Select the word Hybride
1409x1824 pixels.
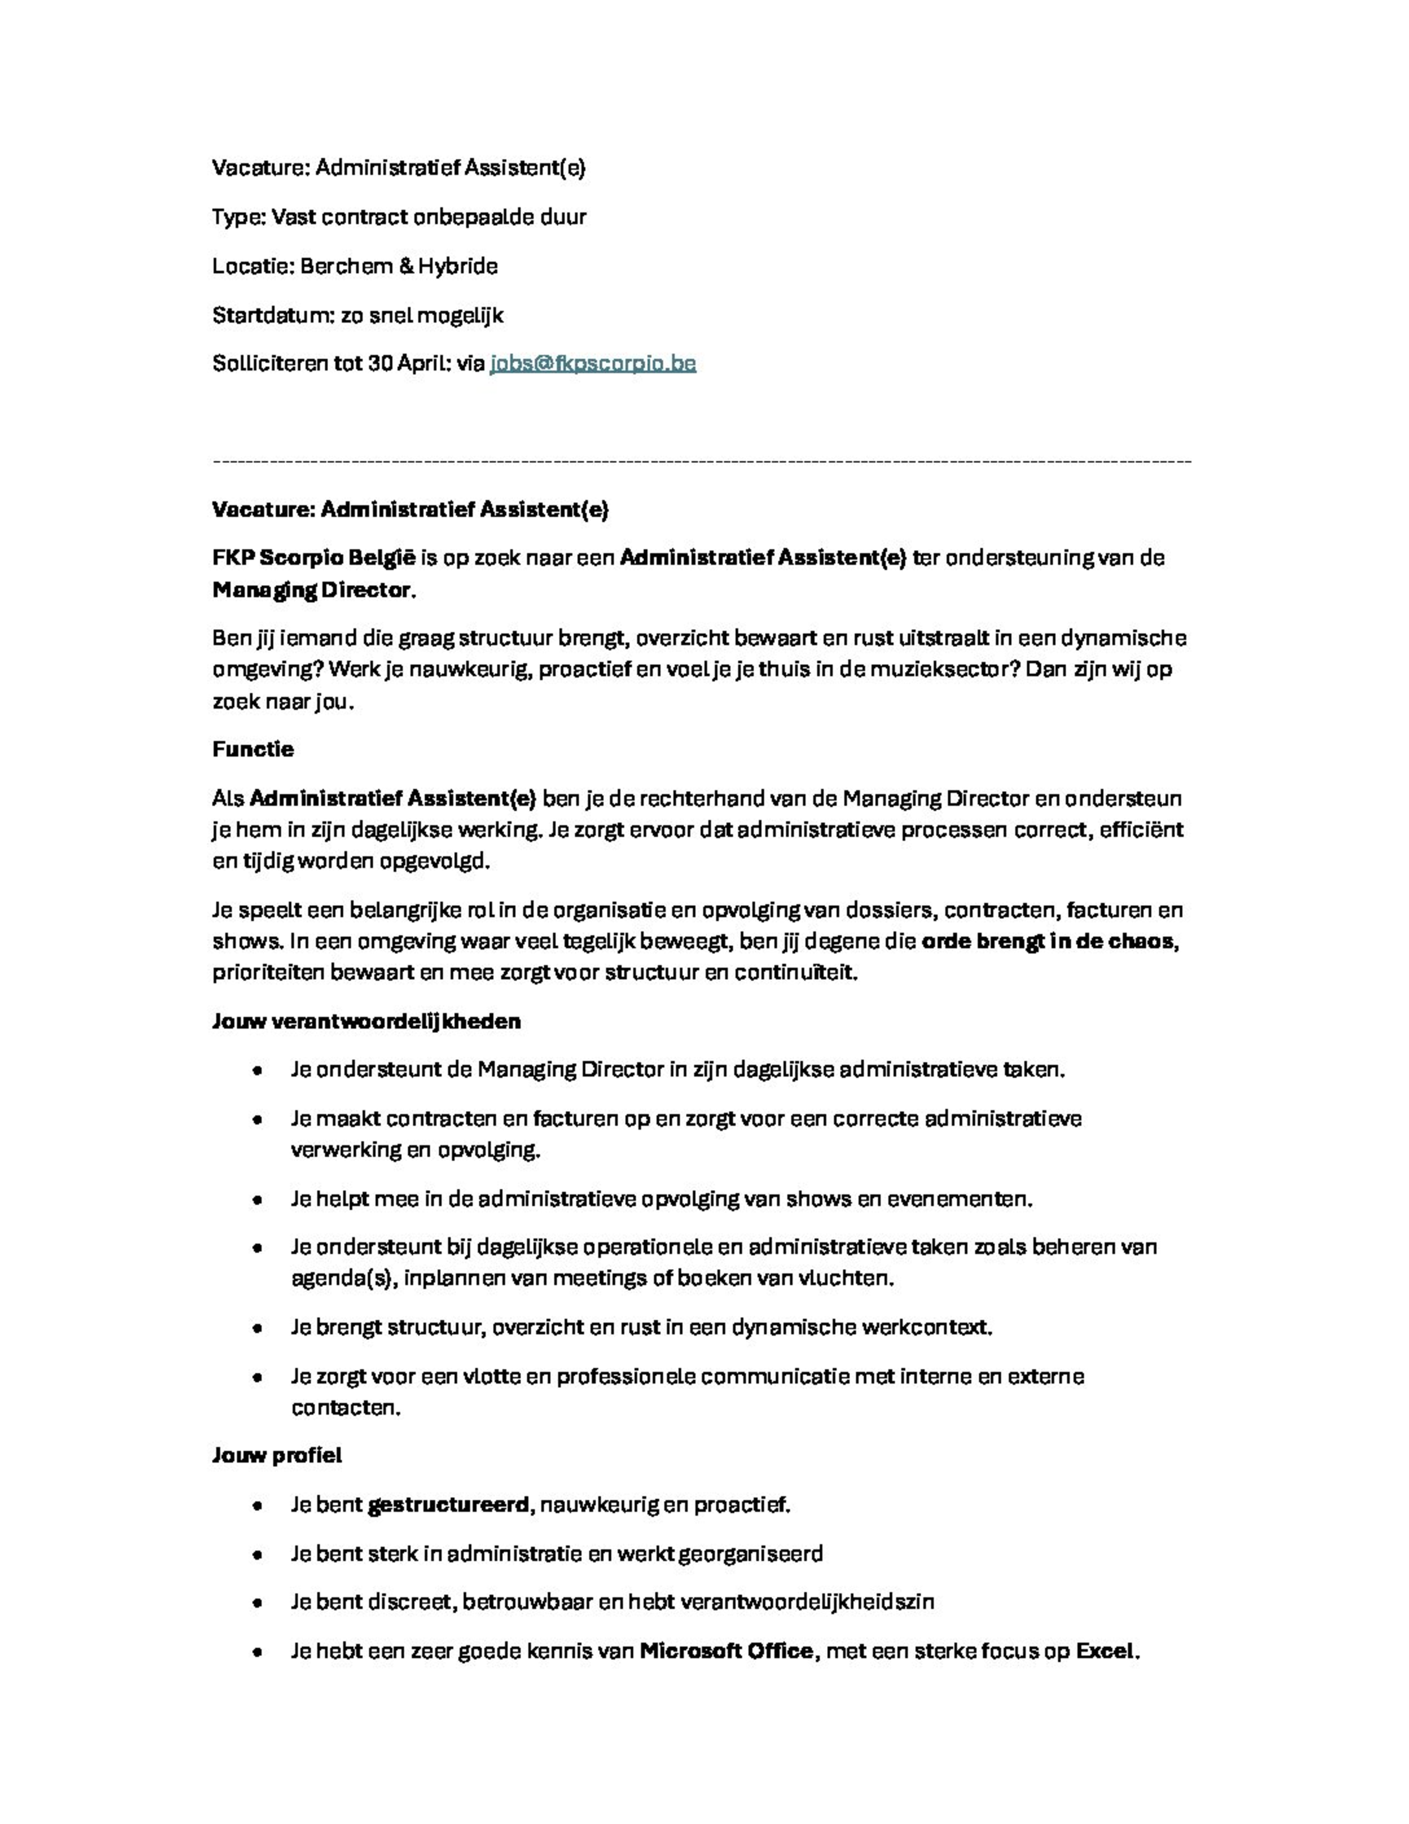(457, 266)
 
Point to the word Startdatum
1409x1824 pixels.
(273, 316)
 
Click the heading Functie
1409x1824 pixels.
(253, 749)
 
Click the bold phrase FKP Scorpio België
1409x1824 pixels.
(313, 558)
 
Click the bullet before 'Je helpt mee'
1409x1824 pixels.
(257, 1200)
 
